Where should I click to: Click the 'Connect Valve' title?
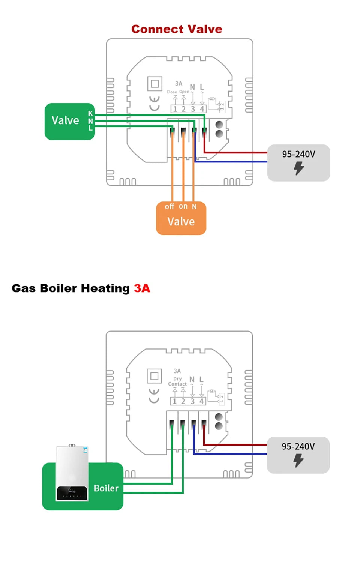(177, 29)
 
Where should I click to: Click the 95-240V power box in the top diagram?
(298, 162)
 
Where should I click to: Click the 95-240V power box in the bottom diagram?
(298, 455)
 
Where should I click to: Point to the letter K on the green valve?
(90, 113)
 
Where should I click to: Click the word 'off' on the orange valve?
(169, 207)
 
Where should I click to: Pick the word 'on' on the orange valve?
(183, 206)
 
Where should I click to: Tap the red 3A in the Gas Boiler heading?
(142, 288)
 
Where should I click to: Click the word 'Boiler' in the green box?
(106, 488)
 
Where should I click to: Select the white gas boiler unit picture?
(72, 473)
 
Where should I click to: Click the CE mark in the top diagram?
(154, 103)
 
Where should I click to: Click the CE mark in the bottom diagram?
(154, 395)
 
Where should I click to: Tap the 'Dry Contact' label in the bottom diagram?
(177, 381)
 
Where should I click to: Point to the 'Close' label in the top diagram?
(171, 92)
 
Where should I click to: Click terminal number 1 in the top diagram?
(175, 109)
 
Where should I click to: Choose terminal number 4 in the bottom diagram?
(201, 401)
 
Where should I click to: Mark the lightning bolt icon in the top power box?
(298, 168)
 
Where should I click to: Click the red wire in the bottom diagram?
(236, 445)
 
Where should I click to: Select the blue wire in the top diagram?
(232, 162)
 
